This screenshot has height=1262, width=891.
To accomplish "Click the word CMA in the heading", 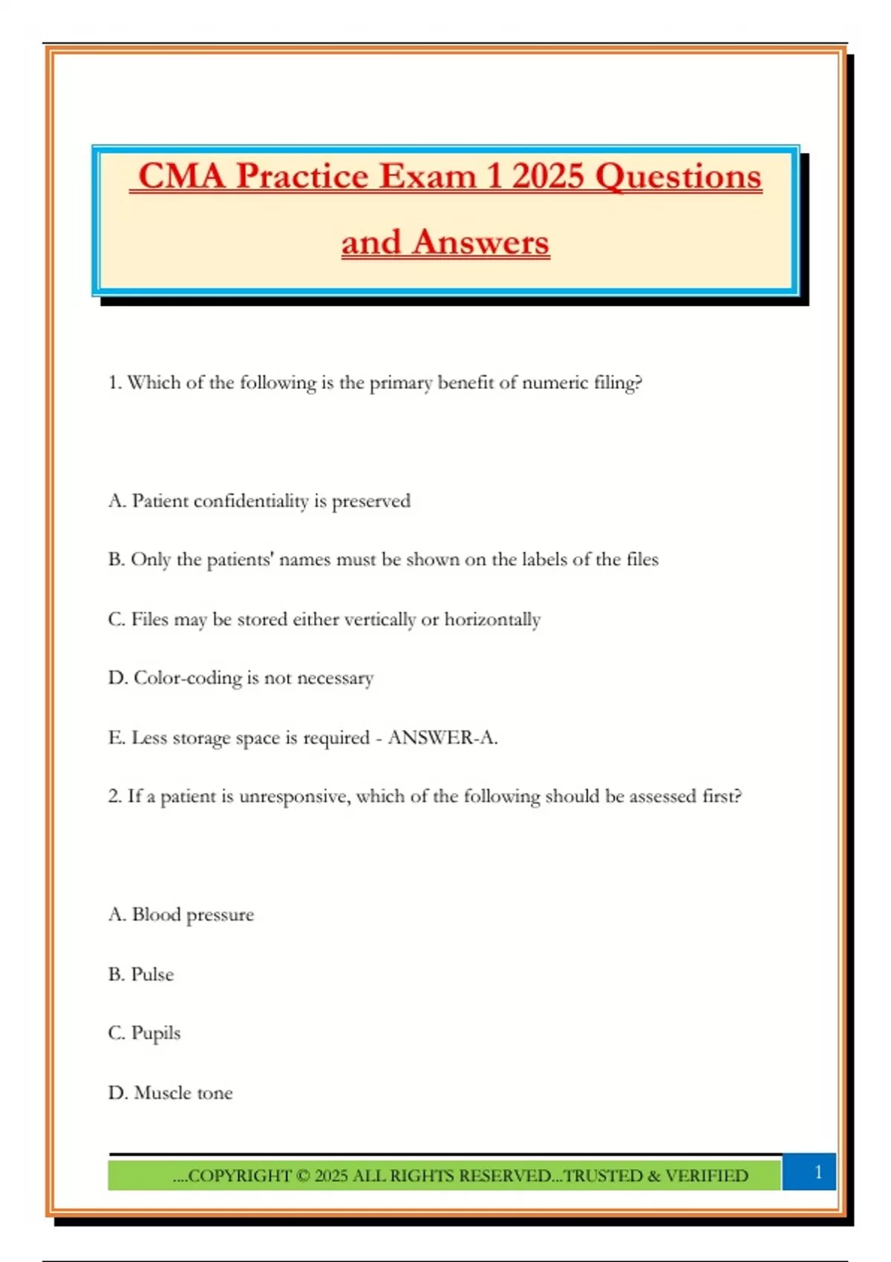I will [181, 177].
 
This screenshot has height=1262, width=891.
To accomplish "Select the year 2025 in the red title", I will [548, 177].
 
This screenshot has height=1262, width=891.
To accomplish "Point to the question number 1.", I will [114, 383].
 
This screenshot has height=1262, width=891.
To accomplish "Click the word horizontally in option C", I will [492, 619].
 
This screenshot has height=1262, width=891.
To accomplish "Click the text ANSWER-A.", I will [443, 738].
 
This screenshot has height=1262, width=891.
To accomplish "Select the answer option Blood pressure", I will [192, 915].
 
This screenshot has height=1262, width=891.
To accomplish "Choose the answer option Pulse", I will [152, 974].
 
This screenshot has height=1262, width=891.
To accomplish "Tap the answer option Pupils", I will [155, 1033].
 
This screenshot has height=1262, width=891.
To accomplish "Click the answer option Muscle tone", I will [183, 1093].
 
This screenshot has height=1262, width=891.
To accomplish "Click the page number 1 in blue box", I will [817, 1172].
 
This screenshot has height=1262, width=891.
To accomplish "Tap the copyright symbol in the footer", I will [303, 1176].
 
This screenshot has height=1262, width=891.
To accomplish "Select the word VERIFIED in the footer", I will [706, 1176].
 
